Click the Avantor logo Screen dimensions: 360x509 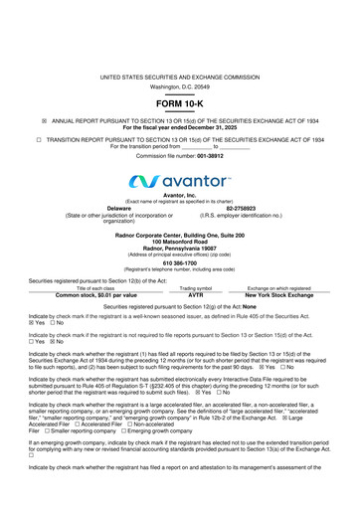(179, 180)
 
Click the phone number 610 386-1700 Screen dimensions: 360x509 (179, 263)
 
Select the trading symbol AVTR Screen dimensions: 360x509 (195, 295)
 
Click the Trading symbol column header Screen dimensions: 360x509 (195, 288)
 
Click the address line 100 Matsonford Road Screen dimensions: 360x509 (179, 240)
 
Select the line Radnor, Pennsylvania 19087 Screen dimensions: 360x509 (179, 246)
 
